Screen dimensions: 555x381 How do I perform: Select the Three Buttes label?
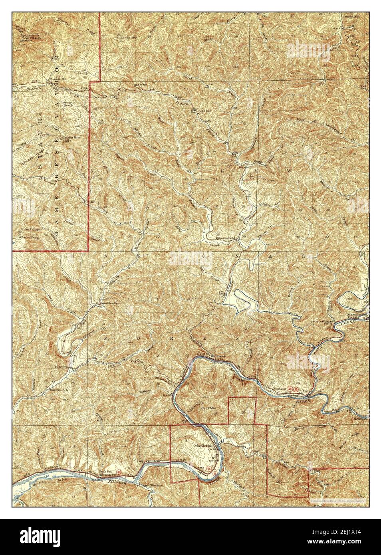click(28, 230)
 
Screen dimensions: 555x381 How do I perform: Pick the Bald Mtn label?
click(208, 408)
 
